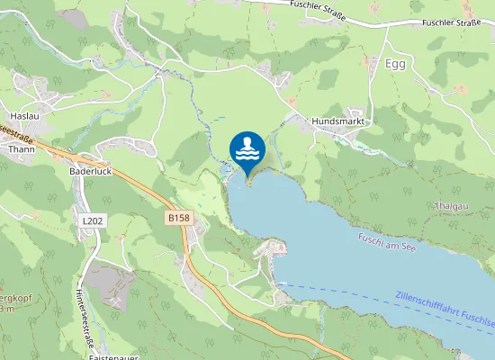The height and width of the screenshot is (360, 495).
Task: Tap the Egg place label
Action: click(395, 64)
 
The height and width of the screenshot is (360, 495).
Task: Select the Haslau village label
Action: click(22, 116)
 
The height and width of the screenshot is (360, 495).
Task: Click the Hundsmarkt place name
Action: click(336, 121)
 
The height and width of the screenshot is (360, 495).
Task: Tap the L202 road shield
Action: click(91, 220)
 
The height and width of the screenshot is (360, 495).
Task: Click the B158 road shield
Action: click(178, 218)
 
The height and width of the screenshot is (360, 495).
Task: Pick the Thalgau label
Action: click(451, 206)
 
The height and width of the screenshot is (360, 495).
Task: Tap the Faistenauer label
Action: click(113, 356)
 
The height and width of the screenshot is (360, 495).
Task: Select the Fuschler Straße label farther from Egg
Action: click(318, 4)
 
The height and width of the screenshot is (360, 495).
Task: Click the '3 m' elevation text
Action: click(7, 308)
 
